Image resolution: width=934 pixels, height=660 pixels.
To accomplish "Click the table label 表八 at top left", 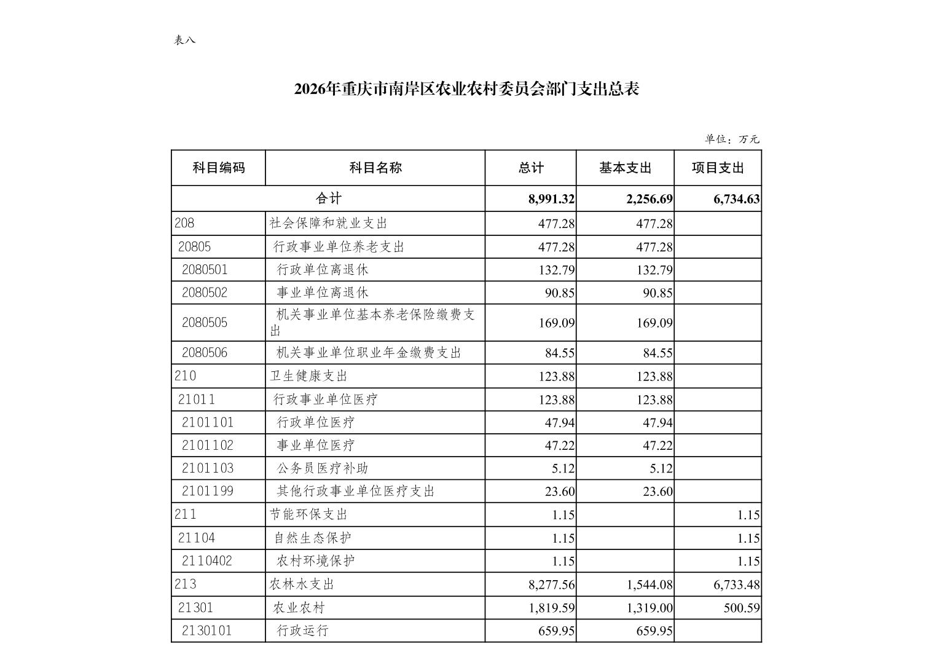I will (184, 40).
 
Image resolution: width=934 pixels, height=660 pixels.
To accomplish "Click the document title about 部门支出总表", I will (466, 89).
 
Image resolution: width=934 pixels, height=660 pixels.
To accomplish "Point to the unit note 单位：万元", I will (732, 139).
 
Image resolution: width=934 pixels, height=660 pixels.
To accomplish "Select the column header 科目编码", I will (219, 168).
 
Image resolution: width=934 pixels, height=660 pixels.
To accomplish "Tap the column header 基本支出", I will (625, 168).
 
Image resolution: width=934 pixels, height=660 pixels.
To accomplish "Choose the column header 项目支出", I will (718, 168).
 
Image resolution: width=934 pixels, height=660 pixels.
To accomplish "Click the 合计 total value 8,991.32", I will (551, 199).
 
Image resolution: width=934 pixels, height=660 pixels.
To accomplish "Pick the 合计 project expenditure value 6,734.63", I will (736, 199).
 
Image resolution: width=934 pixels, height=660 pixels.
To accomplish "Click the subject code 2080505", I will (205, 323).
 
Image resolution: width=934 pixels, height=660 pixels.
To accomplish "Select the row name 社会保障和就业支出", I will (328, 223).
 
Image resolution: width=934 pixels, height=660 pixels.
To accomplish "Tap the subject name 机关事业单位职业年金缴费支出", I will (369, 353).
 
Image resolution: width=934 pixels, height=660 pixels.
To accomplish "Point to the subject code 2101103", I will (208, 468).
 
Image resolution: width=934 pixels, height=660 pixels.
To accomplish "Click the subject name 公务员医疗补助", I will (323, 468).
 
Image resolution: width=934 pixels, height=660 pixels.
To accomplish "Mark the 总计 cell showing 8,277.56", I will (551, 585).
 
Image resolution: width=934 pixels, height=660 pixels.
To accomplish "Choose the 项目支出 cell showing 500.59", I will (742, 608).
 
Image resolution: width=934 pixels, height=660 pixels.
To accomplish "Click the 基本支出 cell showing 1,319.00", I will (649, 608).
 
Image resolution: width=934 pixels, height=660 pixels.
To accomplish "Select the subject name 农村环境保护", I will (316, 561).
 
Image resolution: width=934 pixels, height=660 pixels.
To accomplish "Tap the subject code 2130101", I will (207, 631).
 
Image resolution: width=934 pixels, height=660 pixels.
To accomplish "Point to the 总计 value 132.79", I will (556, 270).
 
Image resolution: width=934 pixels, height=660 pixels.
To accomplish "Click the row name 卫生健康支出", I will (308, 376).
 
